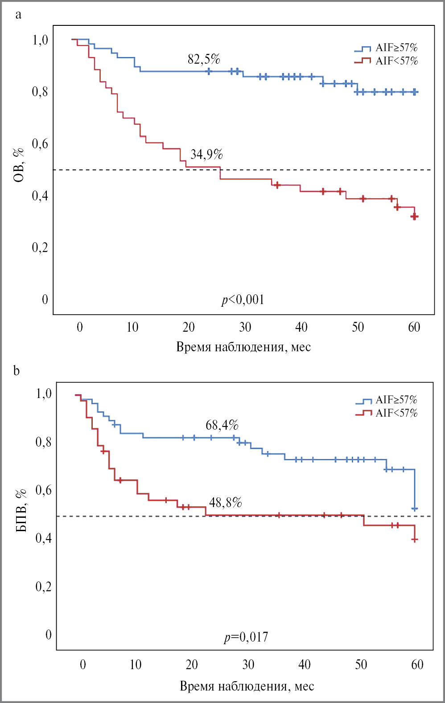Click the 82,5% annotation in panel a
204,59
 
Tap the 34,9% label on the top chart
206,154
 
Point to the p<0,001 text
243,300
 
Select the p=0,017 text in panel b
246,637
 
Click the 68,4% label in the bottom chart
222,425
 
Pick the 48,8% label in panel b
225,503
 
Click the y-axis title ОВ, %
19,165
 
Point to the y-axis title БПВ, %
21,511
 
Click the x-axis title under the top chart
243,347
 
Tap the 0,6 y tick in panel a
40,144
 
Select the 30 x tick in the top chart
245,328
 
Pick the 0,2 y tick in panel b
43,586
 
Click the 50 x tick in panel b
361,665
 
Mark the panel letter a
18,15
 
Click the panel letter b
16,370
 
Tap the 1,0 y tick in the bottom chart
44,394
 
